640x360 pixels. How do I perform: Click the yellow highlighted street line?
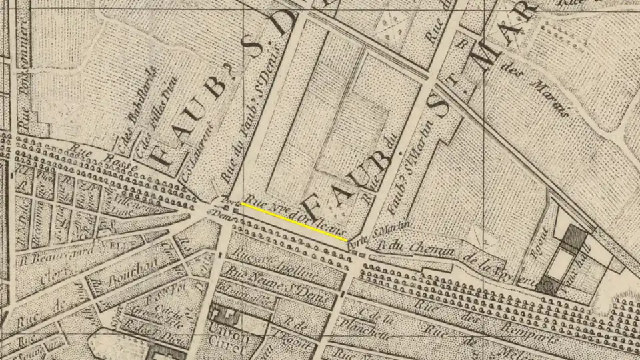[294, 222]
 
